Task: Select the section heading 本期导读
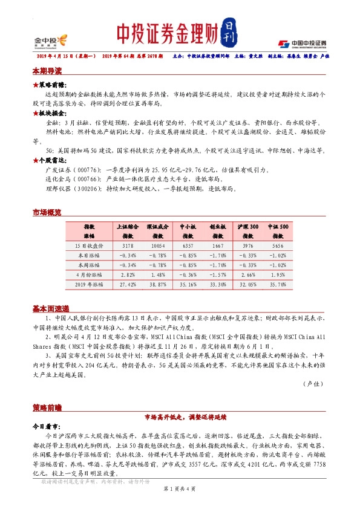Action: pyautogui.click(x=47, y=71)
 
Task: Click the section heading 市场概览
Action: pyautogui.click(x=47, y=213)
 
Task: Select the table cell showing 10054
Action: pyautogui.click(x=158, y=247)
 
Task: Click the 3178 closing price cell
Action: pyautogui.click(x=128, y=247)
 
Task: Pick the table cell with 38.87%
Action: pyautogui.click(x=158, y=283)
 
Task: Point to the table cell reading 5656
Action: pyautogui.click(x=278, y=247)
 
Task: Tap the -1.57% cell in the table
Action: pyautogui.click(x=218, y=274)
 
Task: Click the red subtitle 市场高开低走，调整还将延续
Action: pyautogui.click(x=180, y=417)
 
